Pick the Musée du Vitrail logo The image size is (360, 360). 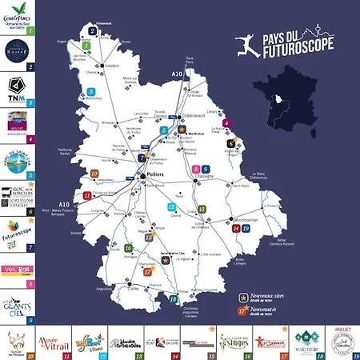coord(51,340)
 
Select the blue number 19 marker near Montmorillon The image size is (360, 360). coord(245,229)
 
